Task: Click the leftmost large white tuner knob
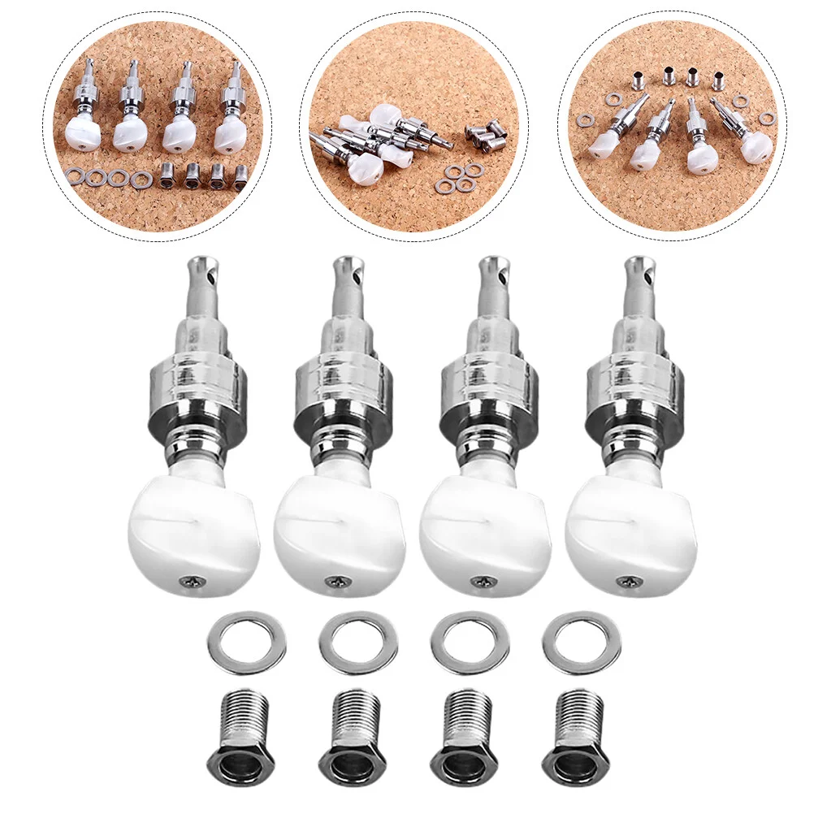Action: pos(193,533)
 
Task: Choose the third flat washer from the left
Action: pos(467,642)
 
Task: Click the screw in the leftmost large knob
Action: pos(193,580)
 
